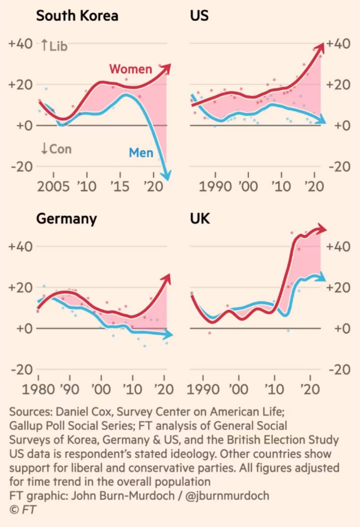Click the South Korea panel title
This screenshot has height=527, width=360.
click(x=77, y=16)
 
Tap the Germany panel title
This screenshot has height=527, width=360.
click(x=66, y=219)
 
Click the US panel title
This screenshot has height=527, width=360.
click(x=199, y=16)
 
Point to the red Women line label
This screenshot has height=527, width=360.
click(x=130, y=68)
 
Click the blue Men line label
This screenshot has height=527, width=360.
click(x=141, y=152)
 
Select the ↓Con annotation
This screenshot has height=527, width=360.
click(x=55, y=148)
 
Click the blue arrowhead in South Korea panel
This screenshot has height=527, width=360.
click(x=167, y=175)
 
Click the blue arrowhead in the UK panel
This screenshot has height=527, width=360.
click(x=320, y=276)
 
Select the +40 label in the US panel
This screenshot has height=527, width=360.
click(x=338, y=43)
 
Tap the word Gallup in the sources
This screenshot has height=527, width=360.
click(x=27, y=425)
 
